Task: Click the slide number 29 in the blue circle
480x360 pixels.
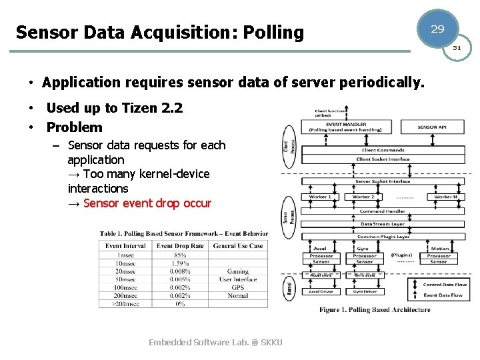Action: coord(437,29)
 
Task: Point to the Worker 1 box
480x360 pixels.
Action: coord(320,197)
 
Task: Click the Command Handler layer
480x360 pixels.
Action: coord(382,211)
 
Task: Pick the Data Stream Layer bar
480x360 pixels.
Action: coord(382,224)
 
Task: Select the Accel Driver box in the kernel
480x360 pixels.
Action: coord(321,291)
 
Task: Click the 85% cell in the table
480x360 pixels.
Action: coord(180,255)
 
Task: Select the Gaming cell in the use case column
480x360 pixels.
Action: coord(238,271)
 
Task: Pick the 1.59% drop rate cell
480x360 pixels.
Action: coord(180,263)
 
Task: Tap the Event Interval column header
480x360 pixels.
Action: coord(125,246)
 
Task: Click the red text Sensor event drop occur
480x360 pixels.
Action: coord(147,203)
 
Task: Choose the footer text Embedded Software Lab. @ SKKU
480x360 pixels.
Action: coord(215,342)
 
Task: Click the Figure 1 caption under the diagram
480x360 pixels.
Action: coord(375,309)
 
